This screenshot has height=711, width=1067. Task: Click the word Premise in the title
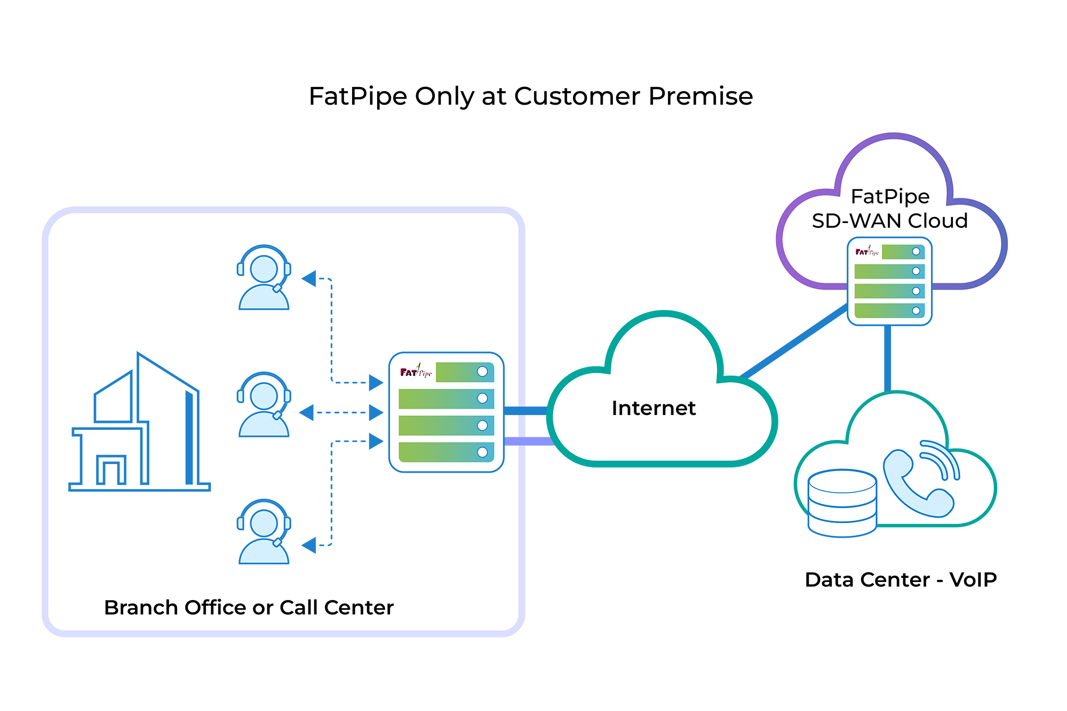tap(700, 97)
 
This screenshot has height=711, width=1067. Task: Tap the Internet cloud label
tap(654, 408)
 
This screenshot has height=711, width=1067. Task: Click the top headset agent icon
tap(264, 278)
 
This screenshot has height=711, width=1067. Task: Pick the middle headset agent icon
tap(264, 405)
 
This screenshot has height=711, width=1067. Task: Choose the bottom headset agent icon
tap(264, 532)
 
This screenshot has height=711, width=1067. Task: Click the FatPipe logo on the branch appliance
tap(416, 372)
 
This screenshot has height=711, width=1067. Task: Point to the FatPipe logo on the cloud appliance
tap(866, 252)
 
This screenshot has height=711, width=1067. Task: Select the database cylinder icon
tap(842, 502)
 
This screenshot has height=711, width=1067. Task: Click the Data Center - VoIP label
tap(901, 580)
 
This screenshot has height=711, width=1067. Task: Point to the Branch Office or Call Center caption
tap(249, 608)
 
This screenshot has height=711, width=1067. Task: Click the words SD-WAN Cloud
tap(889, 221)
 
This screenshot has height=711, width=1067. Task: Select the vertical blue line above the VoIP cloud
tap(888, 357)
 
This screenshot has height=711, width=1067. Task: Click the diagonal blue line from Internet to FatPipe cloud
tap(795, 341)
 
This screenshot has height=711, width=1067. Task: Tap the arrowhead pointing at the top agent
tap(309, 278)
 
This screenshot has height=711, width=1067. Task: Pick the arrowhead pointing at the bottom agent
tap(309, 545)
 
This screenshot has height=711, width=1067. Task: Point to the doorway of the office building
tap(111, 472)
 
